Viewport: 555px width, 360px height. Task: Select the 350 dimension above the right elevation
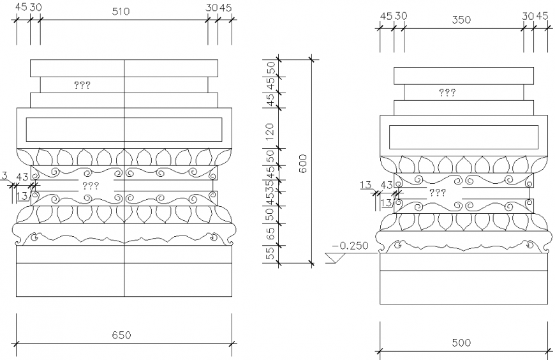[461, 20]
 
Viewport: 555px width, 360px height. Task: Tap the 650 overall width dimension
[121, 334]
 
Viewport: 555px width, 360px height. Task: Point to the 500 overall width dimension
[461, 343]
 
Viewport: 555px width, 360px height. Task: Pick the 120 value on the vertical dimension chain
[270, 132]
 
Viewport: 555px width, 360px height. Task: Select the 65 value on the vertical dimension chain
[270, 234]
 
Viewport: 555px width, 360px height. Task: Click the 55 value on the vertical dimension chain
[270, 253]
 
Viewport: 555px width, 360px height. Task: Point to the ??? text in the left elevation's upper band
[82, 84]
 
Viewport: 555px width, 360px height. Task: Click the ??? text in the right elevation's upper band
[447, 93]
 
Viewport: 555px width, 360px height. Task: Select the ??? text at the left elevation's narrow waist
[91, 186]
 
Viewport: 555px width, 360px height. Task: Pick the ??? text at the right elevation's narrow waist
[437, 192]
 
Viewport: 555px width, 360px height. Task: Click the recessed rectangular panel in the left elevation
[77, 129]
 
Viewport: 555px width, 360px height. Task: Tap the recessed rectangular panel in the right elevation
[463, 137]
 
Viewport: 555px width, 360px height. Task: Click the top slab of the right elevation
[463, 75]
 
